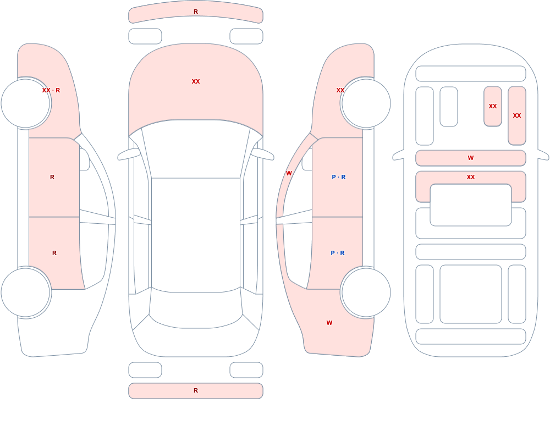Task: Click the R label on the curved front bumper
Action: (196, 12)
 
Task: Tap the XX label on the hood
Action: (196, 81)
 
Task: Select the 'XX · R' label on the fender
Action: (51, 90)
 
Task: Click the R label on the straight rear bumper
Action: (196, 390)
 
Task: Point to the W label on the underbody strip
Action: (471, 158)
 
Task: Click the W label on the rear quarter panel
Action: (329, 323)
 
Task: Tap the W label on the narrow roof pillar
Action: (289, 173)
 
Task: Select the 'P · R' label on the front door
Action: (338, 177)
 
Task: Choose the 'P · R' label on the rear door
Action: (338, 253)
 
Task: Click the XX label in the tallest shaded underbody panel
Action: (516, 115)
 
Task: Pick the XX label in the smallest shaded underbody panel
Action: (492, 106)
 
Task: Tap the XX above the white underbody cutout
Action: (471, 177)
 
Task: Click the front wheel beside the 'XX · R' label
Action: (25, 103)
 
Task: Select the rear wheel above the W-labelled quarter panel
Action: (366, 292)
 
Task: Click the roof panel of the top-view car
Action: (196, 235)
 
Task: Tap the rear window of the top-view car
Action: (196, 308)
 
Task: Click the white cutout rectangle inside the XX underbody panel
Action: (471, 205)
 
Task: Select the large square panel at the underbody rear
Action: (471, 294)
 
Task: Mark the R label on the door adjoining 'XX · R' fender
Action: (52, 177)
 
